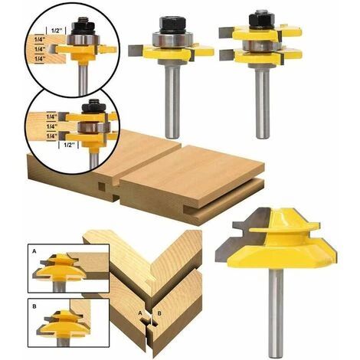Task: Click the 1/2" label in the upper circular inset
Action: pos(57,31)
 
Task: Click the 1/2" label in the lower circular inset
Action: pos(68,145)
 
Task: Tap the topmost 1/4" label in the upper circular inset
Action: pos(40,39)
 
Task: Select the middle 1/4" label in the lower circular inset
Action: pos(52,126)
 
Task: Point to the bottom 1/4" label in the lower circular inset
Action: pos(52,136)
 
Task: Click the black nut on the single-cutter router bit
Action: pos(172,25)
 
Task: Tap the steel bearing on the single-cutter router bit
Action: pos(172,40)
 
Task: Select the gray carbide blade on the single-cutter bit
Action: pos(136,51)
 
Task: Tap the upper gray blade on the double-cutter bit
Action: pos(226,32)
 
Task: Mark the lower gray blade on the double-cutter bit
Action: pos(227,55)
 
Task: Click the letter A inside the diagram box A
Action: pos(34,251)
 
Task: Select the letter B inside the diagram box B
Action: pos(34,306)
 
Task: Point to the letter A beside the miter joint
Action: pos(139,313)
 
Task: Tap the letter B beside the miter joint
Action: pos(159,313)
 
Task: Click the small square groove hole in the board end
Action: pos(102,187)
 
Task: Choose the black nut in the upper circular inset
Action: pos(82,25)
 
